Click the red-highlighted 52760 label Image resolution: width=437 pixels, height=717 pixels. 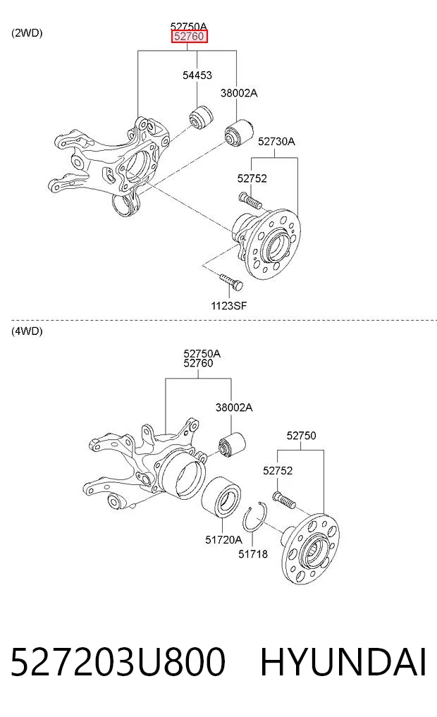click(x=189, y=37)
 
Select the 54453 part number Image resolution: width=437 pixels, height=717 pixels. click(x=197, y=75)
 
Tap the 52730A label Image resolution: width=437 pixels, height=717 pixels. click(x=276, y=141)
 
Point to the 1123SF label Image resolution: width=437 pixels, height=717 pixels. click(x=228, y=305)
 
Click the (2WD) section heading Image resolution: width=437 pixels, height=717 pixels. click(x=27, y=33)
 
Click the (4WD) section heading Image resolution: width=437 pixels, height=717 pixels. click(x=27, y=331)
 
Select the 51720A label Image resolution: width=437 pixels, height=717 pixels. click(x=223, y=539)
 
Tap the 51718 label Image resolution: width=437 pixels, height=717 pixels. click(x=253, y=553)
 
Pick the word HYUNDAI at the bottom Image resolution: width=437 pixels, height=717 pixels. click(x=343, y=662)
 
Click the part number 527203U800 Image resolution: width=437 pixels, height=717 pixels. click(x=118, y=662)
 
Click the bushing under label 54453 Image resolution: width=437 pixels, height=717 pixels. click(x=201, y=118)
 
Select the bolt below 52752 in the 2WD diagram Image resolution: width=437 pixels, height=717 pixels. click(x=249, y=200)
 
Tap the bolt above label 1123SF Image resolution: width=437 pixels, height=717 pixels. click(x=231, y=282)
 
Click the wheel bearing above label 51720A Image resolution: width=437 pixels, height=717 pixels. click(x=221, y=499)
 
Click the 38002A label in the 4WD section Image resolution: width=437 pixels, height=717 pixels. click(x=233, y=407)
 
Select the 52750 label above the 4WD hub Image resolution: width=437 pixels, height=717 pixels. click(x=301, y=435)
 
